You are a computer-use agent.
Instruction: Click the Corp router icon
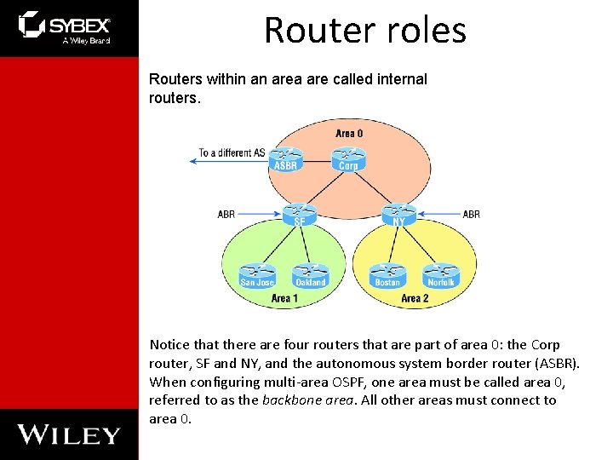(348, 159)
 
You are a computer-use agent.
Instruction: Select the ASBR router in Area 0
(285, 159)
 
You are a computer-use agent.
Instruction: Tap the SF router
(299, 214)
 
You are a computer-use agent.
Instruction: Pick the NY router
(398, 214)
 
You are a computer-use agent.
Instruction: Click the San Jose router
(257, 275)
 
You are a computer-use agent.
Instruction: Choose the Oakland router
(310, 275)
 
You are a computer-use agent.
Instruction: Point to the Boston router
(387, 275)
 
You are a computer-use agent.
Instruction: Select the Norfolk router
(441, 275)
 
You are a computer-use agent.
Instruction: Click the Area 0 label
(349, 134)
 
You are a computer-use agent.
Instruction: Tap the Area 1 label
(284, 298)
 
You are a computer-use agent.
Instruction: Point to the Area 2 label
(415, 298)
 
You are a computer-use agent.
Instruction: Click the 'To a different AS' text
(232, 153)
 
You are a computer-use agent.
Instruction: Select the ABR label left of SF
(226, 215)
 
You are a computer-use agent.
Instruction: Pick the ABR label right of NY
(471, 215)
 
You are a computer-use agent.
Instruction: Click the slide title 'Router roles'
(365, 30)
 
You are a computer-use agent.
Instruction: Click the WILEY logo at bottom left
(69, 434)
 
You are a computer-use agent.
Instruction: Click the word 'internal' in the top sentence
(400, 79)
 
